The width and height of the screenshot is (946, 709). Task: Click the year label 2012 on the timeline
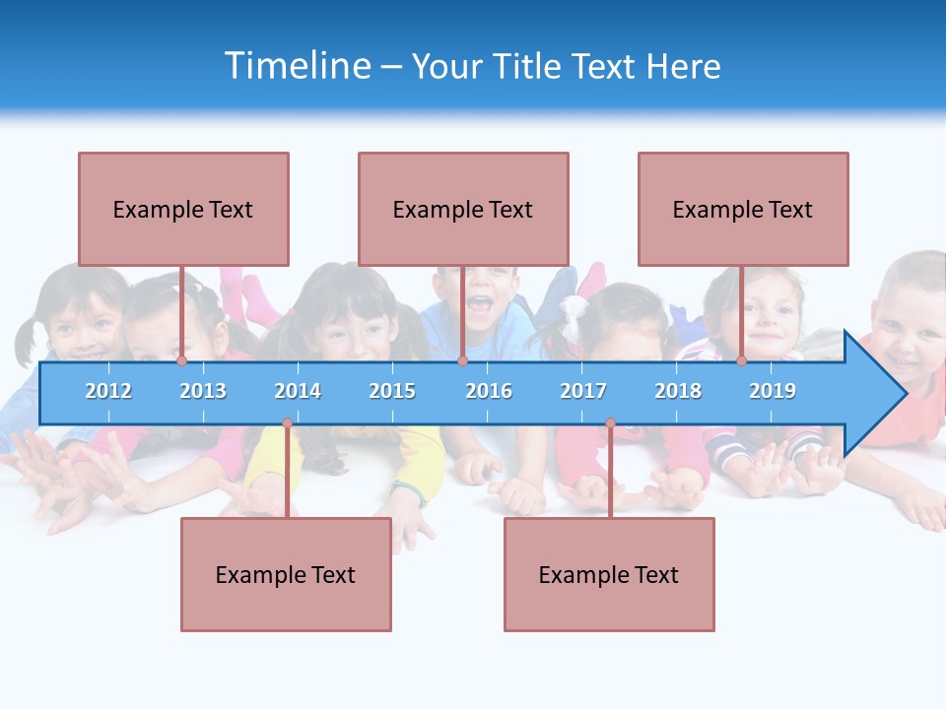click(x=108, y=391)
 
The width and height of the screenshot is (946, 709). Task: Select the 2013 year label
click(x=203, y=391)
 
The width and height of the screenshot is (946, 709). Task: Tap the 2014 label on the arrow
click(x=298, y=391)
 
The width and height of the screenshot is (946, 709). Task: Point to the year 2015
click(x=392, y=391)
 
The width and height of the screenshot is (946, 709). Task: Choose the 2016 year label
click(x=489, y=391)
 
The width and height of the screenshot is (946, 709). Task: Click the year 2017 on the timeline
click(x=583, y=391)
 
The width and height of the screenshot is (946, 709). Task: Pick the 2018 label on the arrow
click(x=678, y=391)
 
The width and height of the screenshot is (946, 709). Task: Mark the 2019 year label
click(x=773, y=391)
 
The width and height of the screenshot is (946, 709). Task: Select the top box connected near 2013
click(x=183, y=210)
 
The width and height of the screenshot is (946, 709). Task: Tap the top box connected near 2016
click(x=463, y=210)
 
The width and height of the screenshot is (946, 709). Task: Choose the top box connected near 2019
click(x=743, y=210)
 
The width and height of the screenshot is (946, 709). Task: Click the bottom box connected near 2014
click(x=286, y=575)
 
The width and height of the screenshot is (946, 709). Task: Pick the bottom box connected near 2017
click(x=609, y=575)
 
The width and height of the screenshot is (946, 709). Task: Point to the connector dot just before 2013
click(x=181, y=361)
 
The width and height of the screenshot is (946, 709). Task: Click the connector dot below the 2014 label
click(x=287, y=423)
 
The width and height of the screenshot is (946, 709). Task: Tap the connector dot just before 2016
click(x=462, y=361)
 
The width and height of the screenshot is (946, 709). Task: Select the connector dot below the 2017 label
click(x=610, y=423)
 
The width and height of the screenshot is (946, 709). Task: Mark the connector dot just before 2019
click(x=741, y=361)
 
